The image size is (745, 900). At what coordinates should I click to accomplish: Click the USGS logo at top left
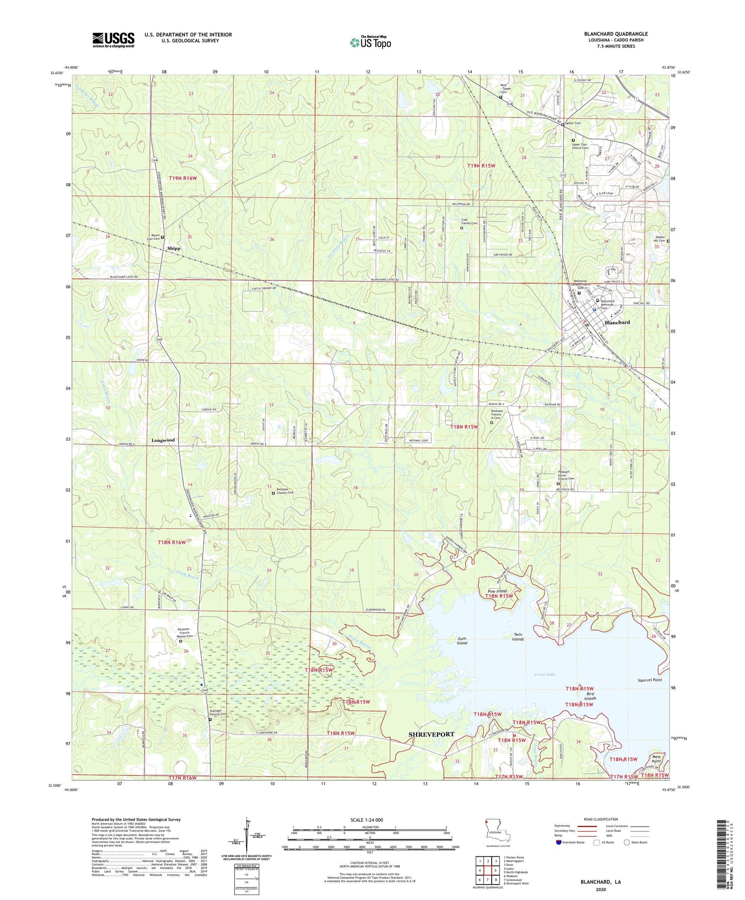click(113, 40)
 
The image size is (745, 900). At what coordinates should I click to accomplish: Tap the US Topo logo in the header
click(370, 43)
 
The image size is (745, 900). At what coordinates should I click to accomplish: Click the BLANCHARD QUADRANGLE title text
click(615, 34)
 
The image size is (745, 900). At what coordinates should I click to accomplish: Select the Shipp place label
click(174, 248)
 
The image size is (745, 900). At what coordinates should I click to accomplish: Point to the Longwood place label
click(163, 440)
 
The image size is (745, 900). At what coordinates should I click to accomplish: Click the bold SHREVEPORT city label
click(431, 734)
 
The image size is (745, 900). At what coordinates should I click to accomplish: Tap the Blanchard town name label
click(617, 322)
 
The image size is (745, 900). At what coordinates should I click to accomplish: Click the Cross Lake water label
click(545, 675)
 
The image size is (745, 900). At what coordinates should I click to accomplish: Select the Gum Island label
click(462, 640)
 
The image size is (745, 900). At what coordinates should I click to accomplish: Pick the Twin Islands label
click(518, 637)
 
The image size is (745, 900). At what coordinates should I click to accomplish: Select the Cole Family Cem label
click(469, 222)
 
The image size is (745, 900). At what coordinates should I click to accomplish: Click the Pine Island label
click(497, 591)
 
